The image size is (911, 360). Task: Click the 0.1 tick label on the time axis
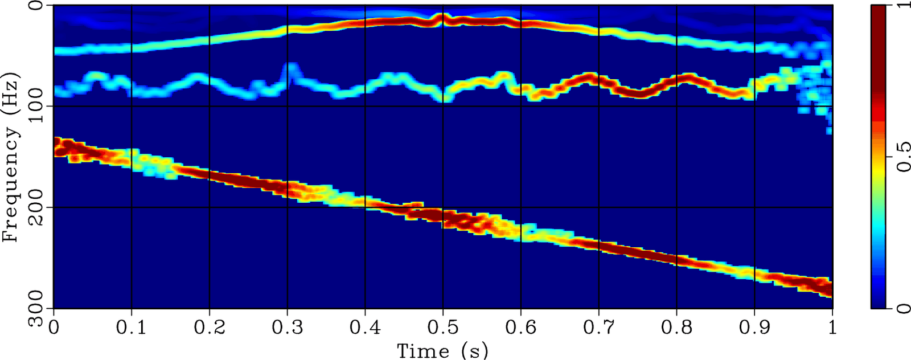click(132, 328)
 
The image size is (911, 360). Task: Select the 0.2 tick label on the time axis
click(210, 328)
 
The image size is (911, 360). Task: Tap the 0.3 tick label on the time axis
click(288, 328)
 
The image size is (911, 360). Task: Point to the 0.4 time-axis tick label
click(365, 328)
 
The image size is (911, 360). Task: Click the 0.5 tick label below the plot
click(443, 328)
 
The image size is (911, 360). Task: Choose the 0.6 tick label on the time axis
click(521, 328)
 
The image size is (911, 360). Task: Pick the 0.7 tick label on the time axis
click(599, 328)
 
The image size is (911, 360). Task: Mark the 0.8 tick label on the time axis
click(676, 328)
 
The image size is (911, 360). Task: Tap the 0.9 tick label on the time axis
click(754, 328)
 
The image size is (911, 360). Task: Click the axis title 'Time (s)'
click(442, 350)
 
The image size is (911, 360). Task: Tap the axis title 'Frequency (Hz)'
click(11, 157)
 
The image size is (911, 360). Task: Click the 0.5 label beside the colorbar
click(901, 157)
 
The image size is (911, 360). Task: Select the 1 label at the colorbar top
click(901, 7)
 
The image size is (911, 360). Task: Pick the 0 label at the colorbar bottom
click(901, 308)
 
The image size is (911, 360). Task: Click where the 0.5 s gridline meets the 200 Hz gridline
click(443, 207)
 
